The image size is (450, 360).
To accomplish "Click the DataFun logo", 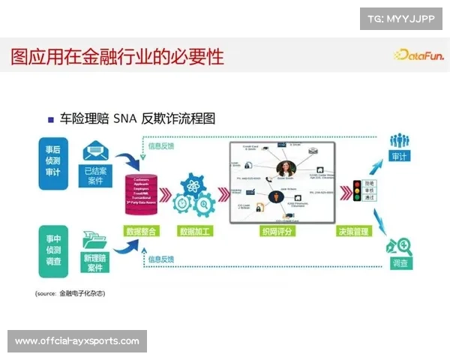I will (x=418, y=54).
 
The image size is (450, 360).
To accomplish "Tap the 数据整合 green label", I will (x=142, y=231).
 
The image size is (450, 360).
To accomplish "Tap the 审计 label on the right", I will (x=399, y=157).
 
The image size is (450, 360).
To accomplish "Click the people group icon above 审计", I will (x=399, y=140).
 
